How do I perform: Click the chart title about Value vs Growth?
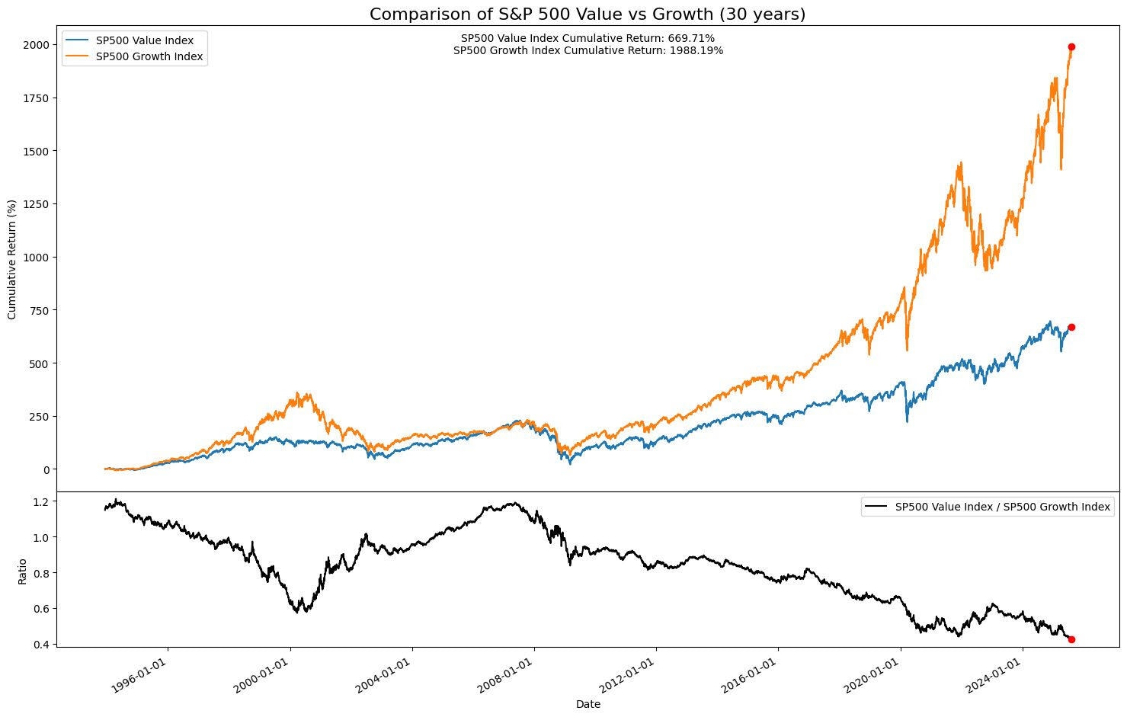click(588, 14)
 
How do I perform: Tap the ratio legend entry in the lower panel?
click(1002, 507)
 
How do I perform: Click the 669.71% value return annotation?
click(588, 38)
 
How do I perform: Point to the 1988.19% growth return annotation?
click(588, 51)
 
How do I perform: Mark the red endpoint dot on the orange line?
click(1071, 47)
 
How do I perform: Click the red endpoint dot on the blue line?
click(1071, 328)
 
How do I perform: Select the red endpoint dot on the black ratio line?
click(1071, 639)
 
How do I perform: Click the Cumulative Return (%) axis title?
click(12, 259)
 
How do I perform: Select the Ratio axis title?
click(22, 571)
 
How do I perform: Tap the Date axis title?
click(588, 704)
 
